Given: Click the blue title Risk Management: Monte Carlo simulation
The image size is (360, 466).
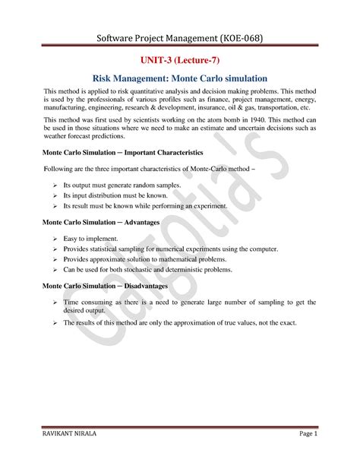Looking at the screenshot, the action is tap(180, 78).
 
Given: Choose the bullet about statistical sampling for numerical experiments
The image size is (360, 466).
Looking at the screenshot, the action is tap(170, 249).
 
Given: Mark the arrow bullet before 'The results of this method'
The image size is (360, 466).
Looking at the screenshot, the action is tap(55, 322).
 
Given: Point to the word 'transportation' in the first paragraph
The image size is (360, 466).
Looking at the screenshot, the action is tap(280, 108).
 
